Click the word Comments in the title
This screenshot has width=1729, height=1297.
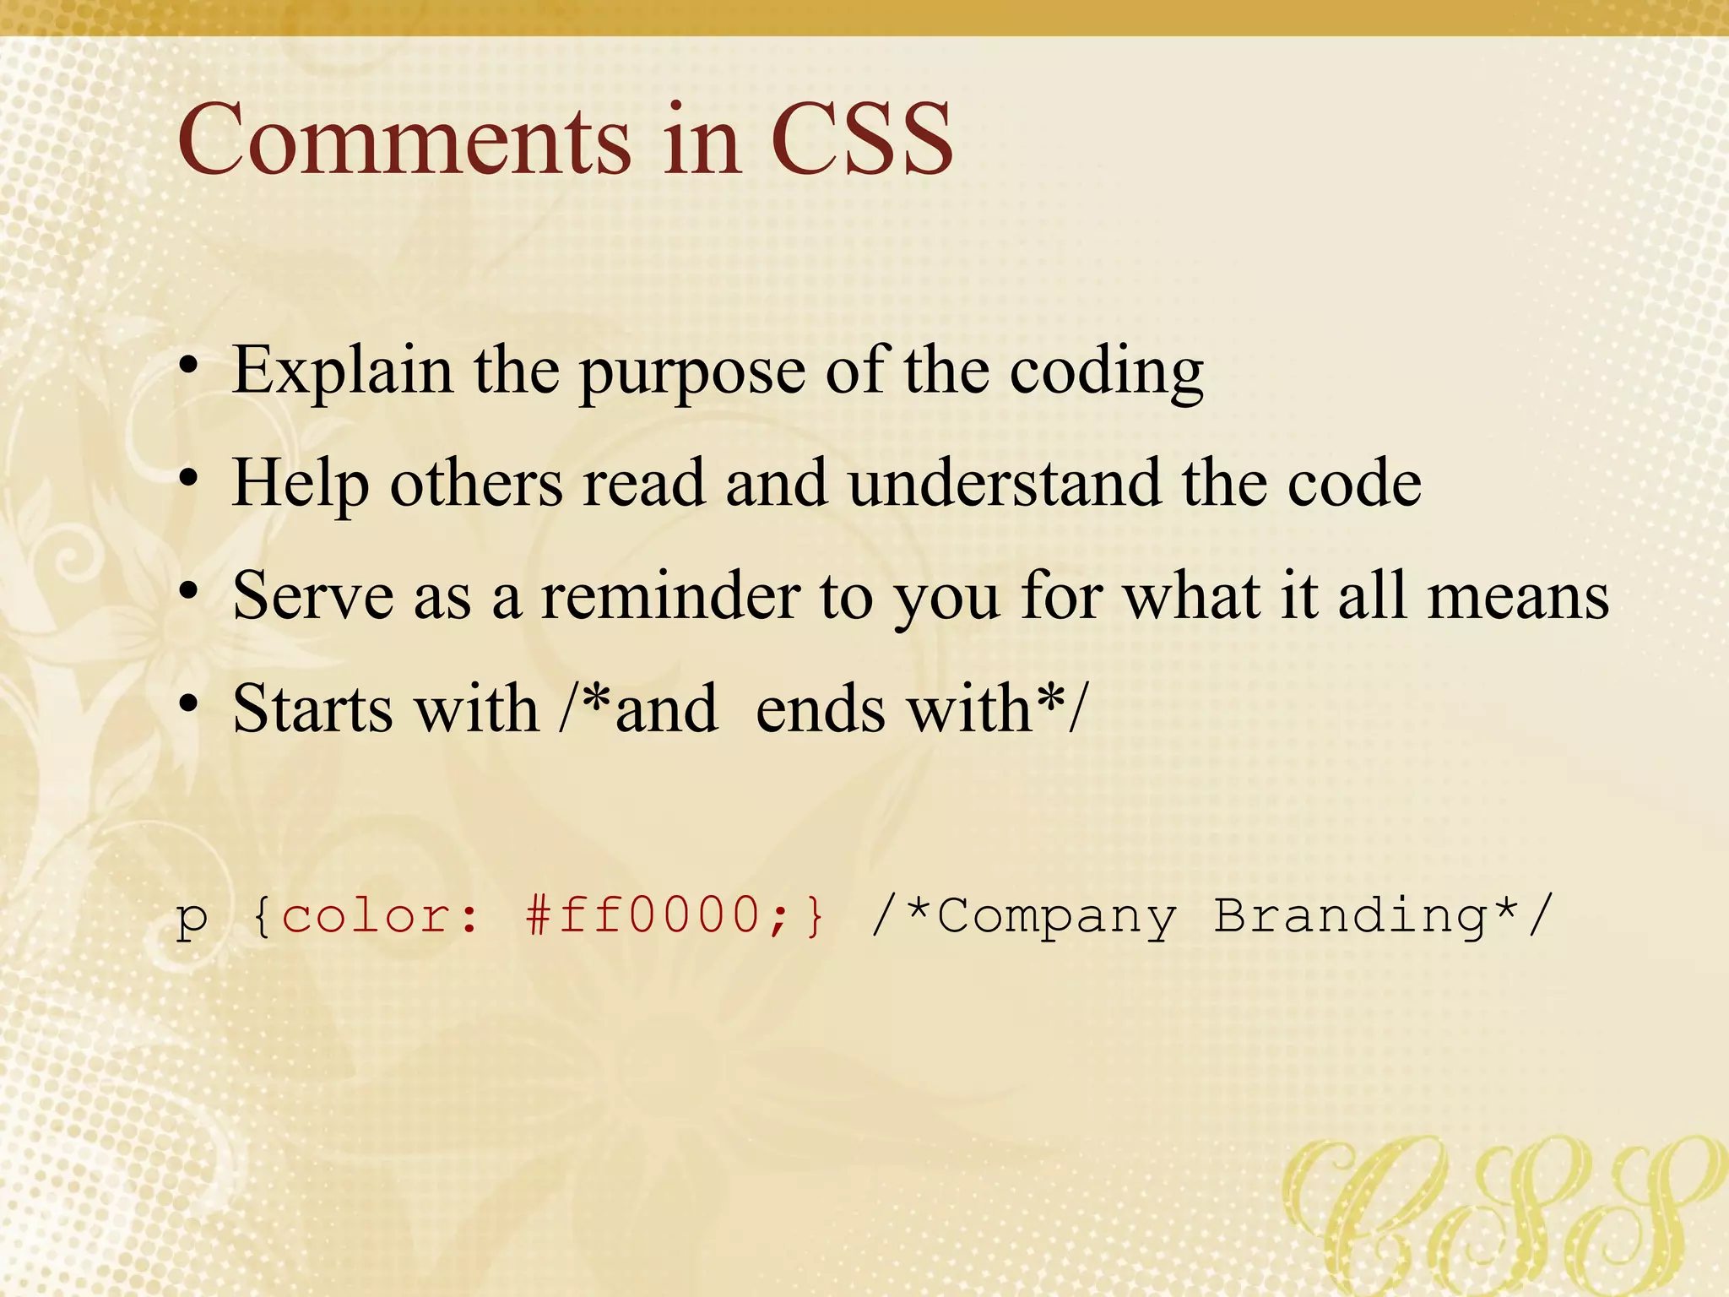404,139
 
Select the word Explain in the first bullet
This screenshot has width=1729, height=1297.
342,372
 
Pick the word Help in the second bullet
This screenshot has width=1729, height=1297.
301,484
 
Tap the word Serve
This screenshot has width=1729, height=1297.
312,596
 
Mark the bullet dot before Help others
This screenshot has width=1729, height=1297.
189,479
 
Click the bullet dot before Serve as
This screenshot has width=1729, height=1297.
189,591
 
